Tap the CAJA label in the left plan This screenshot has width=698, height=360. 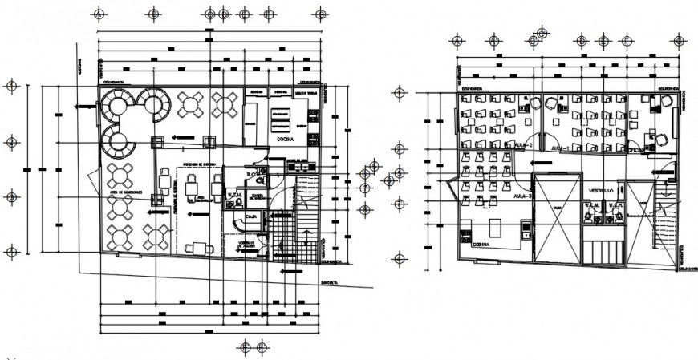coord(250,216)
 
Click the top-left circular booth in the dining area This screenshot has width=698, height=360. coord(117,104)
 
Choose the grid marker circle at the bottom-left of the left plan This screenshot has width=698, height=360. coord(11,252)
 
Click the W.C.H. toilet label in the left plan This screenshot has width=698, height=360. coord(235,193)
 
